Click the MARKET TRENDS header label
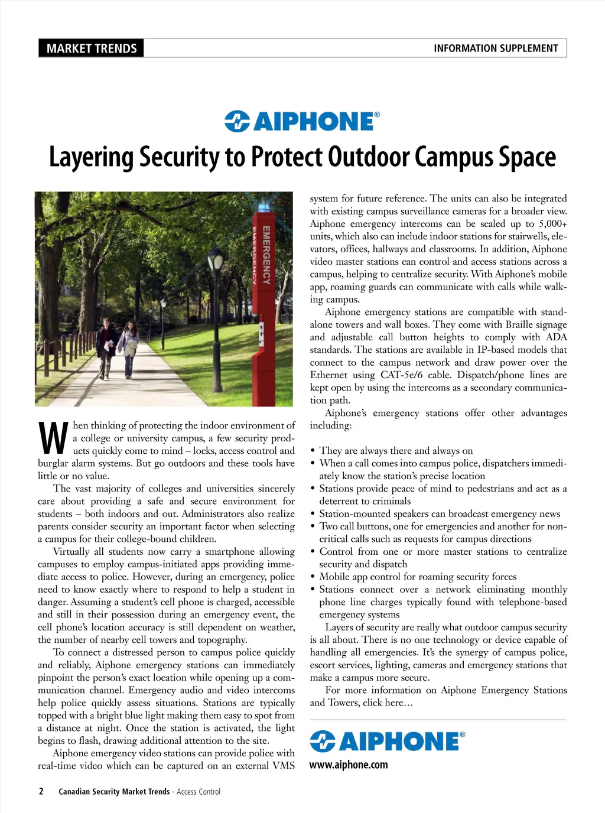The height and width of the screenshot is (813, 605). [x=92, y=48]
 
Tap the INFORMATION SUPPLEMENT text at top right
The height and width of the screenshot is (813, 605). [x=496, y=48]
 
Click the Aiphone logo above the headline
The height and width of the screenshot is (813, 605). [x=302, y=121]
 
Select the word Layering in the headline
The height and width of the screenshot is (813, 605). [x=92, y=158]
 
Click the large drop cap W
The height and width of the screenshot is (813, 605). [x=53, y=438]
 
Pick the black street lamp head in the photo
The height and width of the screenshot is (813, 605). [x=215, y=261]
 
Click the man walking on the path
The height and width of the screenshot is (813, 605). [x=106, y=346]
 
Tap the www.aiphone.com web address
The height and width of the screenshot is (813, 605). [x=349, y=765]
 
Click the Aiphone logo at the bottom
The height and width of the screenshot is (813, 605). [x=388, y=741]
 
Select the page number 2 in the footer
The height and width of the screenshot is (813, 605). [x=41, y=791]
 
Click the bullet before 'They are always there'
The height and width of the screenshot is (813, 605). [x=313, y=451]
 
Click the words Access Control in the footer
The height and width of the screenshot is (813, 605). [x=199, y=792]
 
